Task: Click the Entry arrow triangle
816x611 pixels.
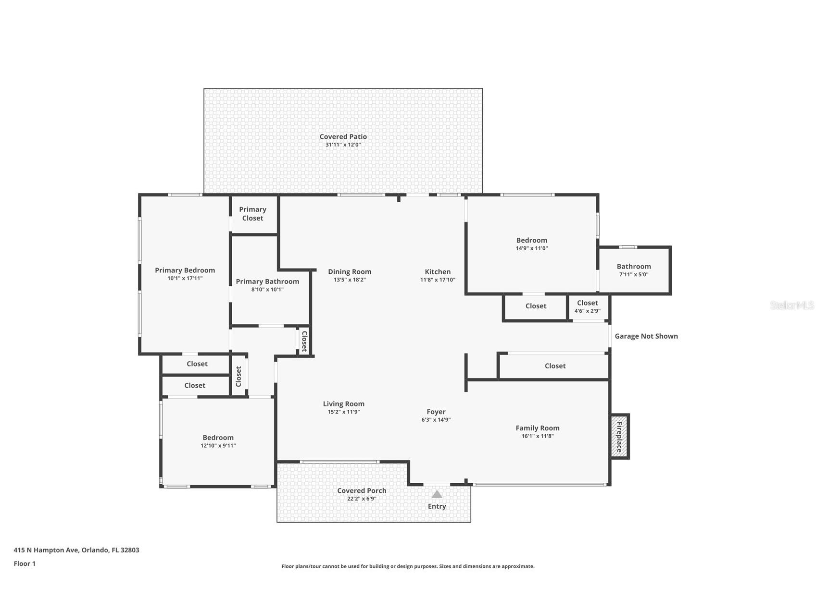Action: point(437,494)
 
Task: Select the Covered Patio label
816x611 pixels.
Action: point(343,137)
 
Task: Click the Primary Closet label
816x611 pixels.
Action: point(252,214)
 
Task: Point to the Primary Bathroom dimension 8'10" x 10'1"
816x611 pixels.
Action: point(267,290)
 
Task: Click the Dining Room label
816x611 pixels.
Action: point(350,272)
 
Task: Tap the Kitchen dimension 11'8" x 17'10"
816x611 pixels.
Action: point(438,280)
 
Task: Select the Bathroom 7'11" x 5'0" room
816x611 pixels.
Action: point(634,270)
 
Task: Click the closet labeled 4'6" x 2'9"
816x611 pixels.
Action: point(587,306)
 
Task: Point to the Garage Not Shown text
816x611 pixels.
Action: point(646,336)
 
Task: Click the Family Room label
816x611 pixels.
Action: point(537,428)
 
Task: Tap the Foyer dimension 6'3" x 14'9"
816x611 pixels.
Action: point(436,420)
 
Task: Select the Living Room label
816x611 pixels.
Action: point(343,404)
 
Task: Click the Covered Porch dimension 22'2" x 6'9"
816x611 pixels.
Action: point(362,499)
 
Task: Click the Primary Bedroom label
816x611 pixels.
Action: point(185,270)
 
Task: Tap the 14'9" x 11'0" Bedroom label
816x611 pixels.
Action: point(531,240)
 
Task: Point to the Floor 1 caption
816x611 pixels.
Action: point(25,563)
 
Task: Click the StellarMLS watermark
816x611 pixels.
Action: point(791,305)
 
